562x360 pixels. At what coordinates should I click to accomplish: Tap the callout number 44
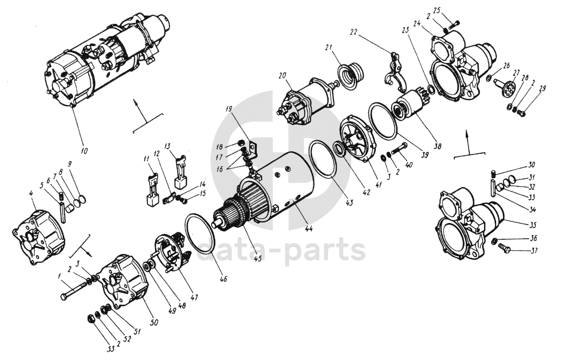[308, 229]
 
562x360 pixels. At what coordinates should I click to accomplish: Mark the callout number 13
[168, 146]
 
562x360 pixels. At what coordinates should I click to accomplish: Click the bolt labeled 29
[521, 113]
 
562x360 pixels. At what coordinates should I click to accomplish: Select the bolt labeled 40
[400, 148]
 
